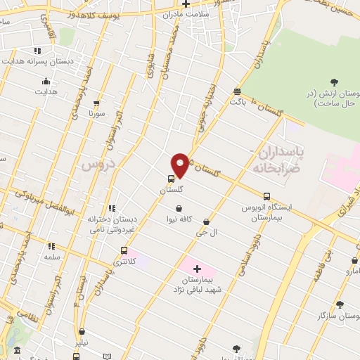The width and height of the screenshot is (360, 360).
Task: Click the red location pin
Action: pyautogui.click(x=180, y=163)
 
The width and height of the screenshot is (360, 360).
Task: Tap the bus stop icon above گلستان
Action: pyautogui.click(x=171, y=179)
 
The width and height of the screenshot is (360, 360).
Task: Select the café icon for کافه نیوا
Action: pyautogui.click(x=180, y=209)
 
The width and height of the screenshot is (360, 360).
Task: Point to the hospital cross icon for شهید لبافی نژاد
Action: pyautogui.click(x=197, y=269)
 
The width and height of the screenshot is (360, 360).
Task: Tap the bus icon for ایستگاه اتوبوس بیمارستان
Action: pyautogui.click(x=266, y=197)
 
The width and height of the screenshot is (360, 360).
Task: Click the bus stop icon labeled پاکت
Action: pyautogui.click(x=237, y=91)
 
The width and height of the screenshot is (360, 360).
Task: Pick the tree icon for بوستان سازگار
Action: pyautogui.click(x=340, y=304)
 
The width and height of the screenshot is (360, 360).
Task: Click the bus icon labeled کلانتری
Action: pyautogui.click(x=124, y=250)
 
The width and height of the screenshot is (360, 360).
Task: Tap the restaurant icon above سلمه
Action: pyautogui.click(x=51, y=246)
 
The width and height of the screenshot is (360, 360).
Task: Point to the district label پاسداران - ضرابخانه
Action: pyautogui.click(x=275, y=157)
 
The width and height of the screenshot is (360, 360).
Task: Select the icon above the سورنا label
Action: pyautogui.click(x=96, y=103)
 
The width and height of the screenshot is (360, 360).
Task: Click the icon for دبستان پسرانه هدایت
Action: pyautogui.click(x=37, y=51)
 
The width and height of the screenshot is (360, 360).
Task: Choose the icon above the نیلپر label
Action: pyautogui.click(x=82, y=331)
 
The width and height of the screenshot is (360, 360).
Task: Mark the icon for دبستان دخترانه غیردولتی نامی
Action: pyautogui.click(x=111, y=208)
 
